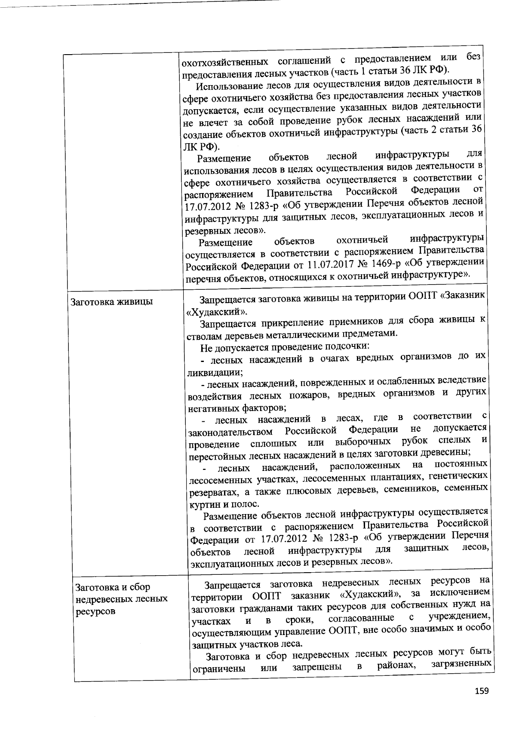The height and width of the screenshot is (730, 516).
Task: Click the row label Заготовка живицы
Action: tap(112, 302)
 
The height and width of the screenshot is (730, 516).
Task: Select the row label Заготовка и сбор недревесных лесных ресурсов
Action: tap(121, 599)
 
